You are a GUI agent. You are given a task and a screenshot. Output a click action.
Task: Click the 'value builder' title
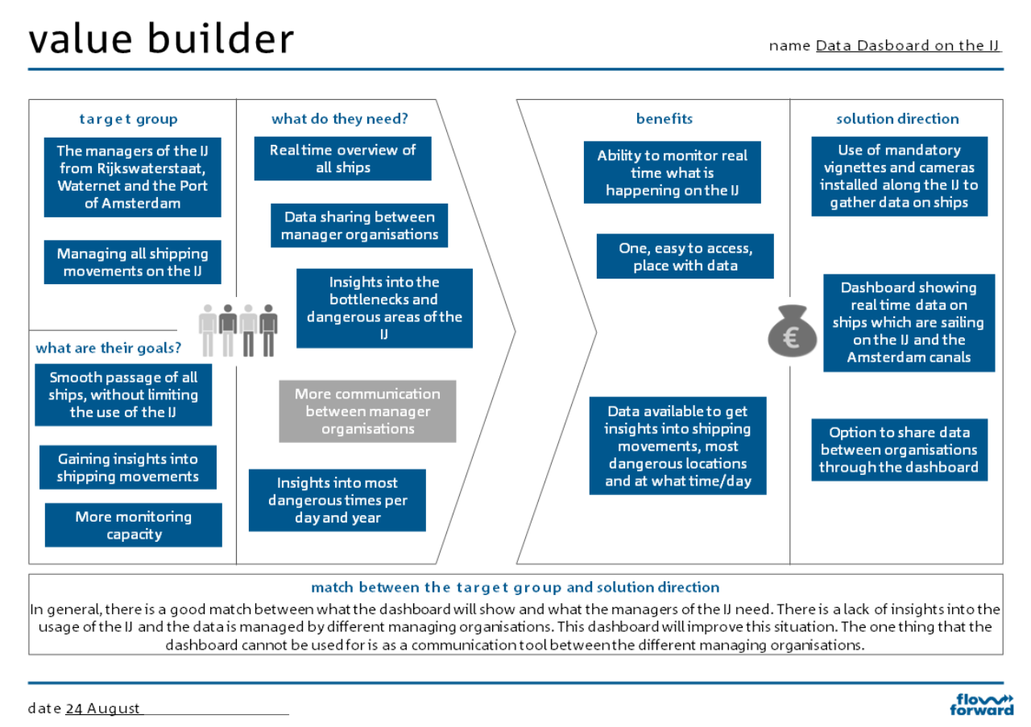pyautogui.click(x=161, y=39)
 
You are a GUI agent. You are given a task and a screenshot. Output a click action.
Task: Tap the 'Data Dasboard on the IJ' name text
pyautogui.click(x=908, y=46)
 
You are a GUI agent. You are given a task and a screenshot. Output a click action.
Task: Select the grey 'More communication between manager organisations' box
pyautogui.click(x=367, y=411)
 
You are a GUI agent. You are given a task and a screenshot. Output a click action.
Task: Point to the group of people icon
pyautogui.click(x=238, y=330)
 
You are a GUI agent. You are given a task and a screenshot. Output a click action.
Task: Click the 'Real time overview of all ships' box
pyautogui.click(x=342, y=159)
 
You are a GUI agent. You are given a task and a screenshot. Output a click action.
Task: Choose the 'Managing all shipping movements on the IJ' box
pyautogui.click(x=132, y=262)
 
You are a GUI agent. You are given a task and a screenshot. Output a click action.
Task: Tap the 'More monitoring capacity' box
pyautogui.click(x=134, y=525)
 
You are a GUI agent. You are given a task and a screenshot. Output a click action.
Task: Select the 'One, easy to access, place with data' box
pyautogui.click(x=685, y=257)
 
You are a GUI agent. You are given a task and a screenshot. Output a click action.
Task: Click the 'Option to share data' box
pyautogui.click(x=899, y=449)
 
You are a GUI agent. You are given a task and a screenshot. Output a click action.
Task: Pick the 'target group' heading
pyautogui.click(x=129, y=119)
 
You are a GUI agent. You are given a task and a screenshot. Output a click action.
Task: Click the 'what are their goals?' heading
pyautogui.click(x=108, y=349)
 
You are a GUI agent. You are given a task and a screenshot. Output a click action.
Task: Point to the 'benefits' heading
pyautogui.click(x=665, y=119)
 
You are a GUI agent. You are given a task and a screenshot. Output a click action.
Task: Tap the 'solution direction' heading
pyautogui.click(x=897, y=119)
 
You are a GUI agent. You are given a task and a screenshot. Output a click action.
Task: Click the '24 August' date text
pyautogui.click(x=103, y=708)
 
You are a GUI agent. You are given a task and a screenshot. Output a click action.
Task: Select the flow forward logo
pyautogui.click(x=982, y=704)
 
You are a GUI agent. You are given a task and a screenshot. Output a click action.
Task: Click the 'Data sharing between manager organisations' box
pyautogui.click(x=359, y=225)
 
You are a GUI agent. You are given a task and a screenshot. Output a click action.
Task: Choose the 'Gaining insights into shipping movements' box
pyautogui.click(x=128, y=468)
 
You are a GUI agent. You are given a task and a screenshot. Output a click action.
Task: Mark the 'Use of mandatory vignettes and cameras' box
pyautogui.click(x=899, y=176)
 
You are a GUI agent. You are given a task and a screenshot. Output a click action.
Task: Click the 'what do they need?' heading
pyautogui.click(x=340, y=119)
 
